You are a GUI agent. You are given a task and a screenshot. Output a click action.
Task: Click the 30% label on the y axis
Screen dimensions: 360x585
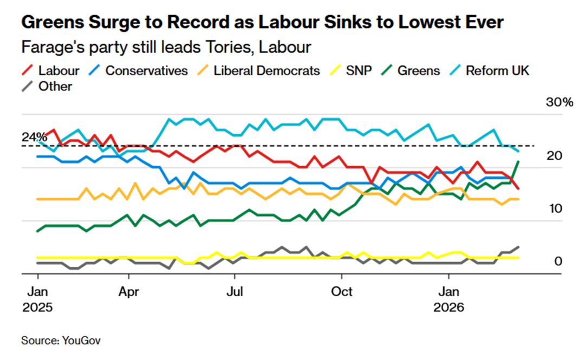point(558,103)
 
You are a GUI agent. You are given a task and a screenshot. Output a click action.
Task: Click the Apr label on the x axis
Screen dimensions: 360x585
point(129,292)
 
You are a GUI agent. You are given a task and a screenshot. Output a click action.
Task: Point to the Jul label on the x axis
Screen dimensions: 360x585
point(235,292)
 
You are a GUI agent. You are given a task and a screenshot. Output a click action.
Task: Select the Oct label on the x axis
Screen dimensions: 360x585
point(342,292)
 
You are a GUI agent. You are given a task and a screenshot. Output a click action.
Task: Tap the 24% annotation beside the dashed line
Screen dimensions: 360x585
point(33,138)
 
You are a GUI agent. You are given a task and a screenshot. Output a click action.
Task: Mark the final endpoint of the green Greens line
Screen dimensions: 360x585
point(519,161)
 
